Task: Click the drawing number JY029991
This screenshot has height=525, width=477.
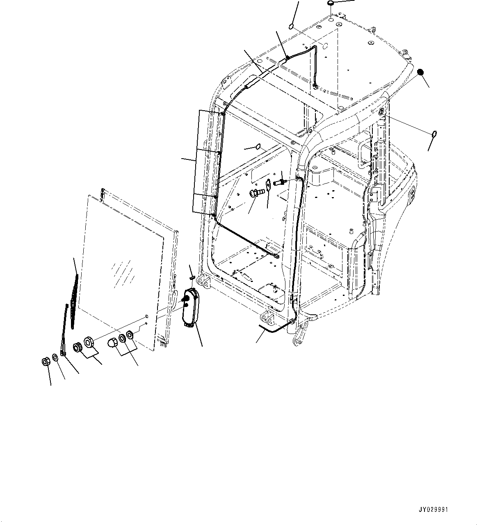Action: pyautogui.click(x=434, y=509)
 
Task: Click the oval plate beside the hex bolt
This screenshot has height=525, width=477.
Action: pyautogui.click(x=267, y=185)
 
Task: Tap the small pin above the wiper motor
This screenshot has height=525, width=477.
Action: pyautogui.click(x=192, y=277)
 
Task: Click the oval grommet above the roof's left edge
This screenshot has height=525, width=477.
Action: pyautogui.click(x=290, y=27)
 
